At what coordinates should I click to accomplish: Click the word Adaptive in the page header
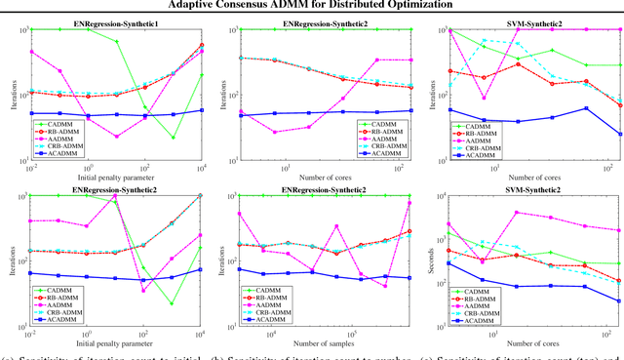point(196,5)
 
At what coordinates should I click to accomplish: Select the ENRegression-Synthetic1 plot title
point(111,21)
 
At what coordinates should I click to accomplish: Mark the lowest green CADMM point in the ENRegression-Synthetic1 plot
point(173,137)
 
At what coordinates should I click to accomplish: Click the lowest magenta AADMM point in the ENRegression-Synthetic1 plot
point(116,136)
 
